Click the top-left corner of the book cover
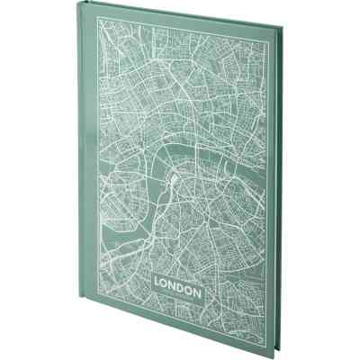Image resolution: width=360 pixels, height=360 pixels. click(77, 10)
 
